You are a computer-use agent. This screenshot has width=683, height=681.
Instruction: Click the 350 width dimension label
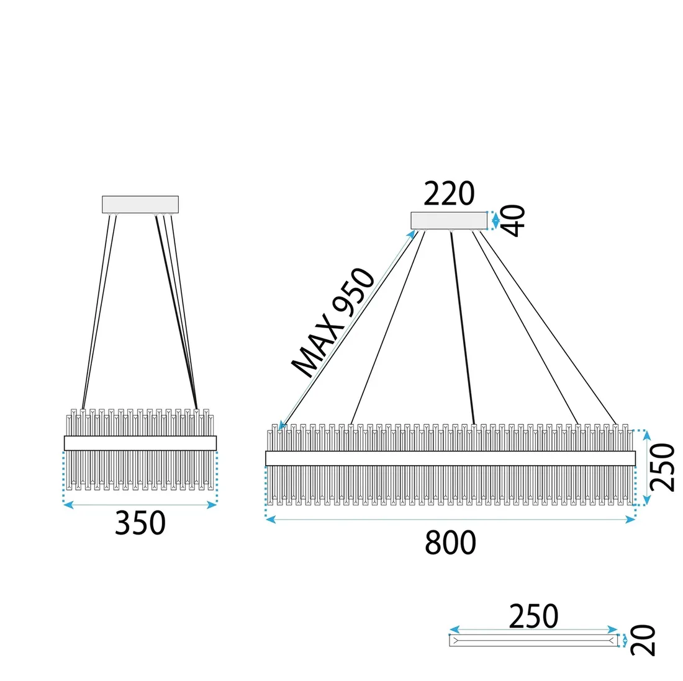[140, 523]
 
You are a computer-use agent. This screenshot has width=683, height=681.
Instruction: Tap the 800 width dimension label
[450, 543]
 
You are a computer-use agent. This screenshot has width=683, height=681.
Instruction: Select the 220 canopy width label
[449, 194]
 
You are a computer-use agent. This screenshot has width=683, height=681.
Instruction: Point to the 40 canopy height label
[514, 220]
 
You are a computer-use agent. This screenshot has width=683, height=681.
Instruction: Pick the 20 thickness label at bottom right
[643, 639]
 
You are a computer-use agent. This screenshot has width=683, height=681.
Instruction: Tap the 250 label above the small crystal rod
[533, 616]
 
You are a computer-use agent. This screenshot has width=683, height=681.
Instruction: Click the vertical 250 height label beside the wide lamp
[662, 468]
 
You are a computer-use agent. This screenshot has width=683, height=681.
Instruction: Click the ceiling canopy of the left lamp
[140, 205]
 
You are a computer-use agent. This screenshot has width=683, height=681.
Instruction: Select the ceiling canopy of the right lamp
[449, 221]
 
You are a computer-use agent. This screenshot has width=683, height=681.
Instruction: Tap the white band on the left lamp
[140, 443]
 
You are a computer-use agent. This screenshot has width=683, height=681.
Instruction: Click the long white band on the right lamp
[450, 458]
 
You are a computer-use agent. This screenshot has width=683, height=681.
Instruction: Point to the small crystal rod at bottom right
[533, 641]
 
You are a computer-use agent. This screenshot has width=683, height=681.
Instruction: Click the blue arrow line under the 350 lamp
[140, 505]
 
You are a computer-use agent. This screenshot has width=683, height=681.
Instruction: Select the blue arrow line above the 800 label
[450, 519]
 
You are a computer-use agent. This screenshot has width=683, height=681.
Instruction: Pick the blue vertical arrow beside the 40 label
[495, 221]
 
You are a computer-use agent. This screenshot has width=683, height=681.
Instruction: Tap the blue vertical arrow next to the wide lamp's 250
[646, 468]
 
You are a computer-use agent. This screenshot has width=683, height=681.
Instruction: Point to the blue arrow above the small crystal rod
[533, 630]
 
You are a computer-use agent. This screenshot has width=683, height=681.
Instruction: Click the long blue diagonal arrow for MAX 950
[347, 330]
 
